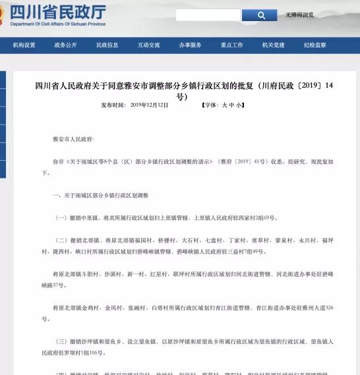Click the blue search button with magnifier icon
(x=259, y=14)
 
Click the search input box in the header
(x=208, y=14)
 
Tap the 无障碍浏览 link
(x=299, y=14)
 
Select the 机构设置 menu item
(x=24, y=45)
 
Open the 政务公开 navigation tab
(x=65, y=45)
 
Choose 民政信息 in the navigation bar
(x=107, y=45)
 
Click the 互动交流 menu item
(x=148, y=45)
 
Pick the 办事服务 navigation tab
(x=190, y=45)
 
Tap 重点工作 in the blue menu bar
(x=231, y=45)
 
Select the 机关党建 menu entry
(x=273, y=45)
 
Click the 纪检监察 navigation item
(x=315, y=45)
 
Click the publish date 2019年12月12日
(x=150, y=105)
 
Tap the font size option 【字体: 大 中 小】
(x=223, y=105)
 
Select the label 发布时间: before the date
(x=113, y=105)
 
